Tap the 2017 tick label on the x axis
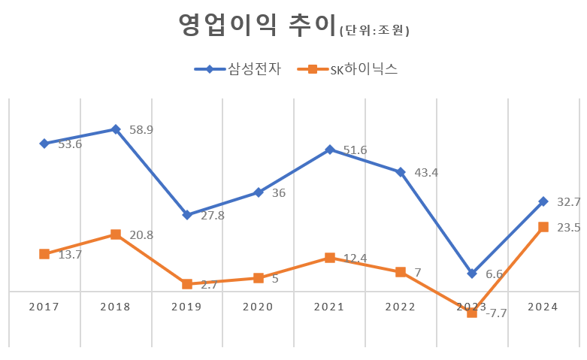pos(44,307)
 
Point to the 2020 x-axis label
pos(258,307)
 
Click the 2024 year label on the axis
pos(543,307)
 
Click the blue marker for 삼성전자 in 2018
pos(115,129)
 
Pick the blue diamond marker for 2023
pos(471,274)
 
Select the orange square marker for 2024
pos(543,227)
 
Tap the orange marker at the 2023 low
pos(471,313)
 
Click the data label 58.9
pos(141,130)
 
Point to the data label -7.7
pos(495,313)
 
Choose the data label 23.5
pos(568,228)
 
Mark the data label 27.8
pos(212,216)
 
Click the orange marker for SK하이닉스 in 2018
pos(115,234)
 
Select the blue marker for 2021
pos(329,150)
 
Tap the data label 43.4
pos(426,173)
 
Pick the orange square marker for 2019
pos(186,284)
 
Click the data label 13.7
pos(69,255)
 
